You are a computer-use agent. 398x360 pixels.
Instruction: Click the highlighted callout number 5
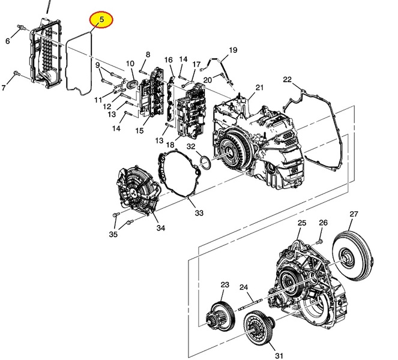[101, 20]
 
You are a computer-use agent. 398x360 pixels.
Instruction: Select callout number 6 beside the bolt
[8, 41]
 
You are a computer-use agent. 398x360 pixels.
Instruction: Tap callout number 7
[4, 88]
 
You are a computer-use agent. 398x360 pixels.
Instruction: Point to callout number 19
[233, 50]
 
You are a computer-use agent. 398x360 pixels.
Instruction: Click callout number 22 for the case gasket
[288, 80]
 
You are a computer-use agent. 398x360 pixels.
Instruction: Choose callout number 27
[354, 214]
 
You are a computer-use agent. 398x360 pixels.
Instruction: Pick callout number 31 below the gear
[279, 355]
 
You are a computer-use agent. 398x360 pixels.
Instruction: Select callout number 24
[244, 287]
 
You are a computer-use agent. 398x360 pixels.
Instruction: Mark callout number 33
[199, 212]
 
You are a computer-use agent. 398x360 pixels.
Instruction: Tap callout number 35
[113, 234]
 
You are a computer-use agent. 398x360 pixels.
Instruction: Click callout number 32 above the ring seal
[191, 146]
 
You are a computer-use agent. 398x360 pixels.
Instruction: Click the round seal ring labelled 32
[205, 162]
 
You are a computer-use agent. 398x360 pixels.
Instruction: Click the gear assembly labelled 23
[220, 316]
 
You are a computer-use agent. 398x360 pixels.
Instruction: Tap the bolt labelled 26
[319, 241]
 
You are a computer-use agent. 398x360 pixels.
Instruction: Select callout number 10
[130, 63]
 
